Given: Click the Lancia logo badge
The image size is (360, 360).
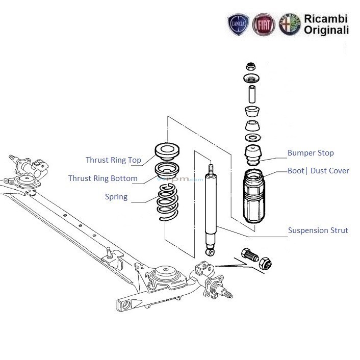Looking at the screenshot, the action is pyautogui.click(x=238, y=24).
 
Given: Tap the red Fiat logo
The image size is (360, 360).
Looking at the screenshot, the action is pyautogui.click(x=264, y=24).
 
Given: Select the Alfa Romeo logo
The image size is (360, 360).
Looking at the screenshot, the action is pyautogui.click(x=290, y=24).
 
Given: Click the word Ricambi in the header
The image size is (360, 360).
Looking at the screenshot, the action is pyautogui.click(x=326, y=19).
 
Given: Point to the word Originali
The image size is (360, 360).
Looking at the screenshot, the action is pyautogui.click(x=326, y=30).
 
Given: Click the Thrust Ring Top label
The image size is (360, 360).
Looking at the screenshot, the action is pyautogui.click(x=113, y=160).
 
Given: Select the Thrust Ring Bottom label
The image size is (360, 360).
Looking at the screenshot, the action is pyautogui.click(x=103, y=178).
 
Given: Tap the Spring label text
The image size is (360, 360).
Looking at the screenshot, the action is pyautogui.click(x=116, y=197).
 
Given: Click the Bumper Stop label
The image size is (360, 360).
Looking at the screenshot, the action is pyautogui.click(x=311, y=153).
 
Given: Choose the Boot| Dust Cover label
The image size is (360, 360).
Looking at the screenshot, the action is pyautogui.click(x=318, y=171).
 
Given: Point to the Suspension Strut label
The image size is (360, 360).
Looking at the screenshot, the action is pyautogui.click(x=318, y=230).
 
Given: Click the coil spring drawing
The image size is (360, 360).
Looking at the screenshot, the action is pyautogui.click(x=167, y=202).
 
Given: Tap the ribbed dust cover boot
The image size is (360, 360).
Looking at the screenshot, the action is pyautogui.click(x=254, y=196).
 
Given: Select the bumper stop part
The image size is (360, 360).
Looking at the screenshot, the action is pyautogui.click(x=253, y=155).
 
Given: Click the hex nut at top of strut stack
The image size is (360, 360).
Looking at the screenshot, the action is pyautogui.click(x=251, y=66).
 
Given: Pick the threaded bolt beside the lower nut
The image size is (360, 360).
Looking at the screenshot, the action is pyautogui.click(x=250, y=254).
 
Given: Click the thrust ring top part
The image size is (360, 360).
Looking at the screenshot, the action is pyautogui.click(x=167, y=151).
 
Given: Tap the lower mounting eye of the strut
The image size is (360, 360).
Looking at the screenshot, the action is pyautogui.click(x=211, y=252).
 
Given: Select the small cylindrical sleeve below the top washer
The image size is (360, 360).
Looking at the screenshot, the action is pyautogui.click(x=252, y=94).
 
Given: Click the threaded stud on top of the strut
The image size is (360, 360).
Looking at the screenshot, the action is pyautogui.click(x=211, y=170).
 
